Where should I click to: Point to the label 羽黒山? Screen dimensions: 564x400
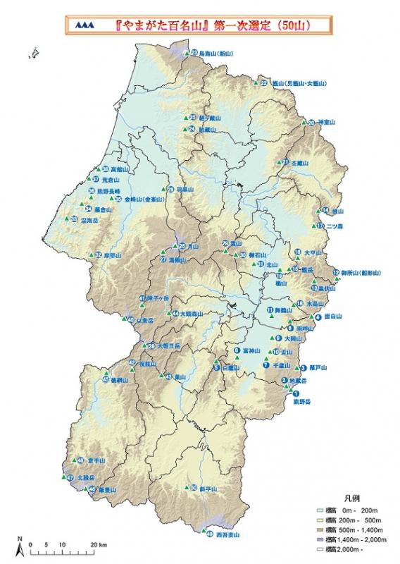pos(184,190)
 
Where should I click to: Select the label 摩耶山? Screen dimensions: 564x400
pos(113,255)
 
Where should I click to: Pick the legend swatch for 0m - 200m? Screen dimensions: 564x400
pos(320,509)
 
